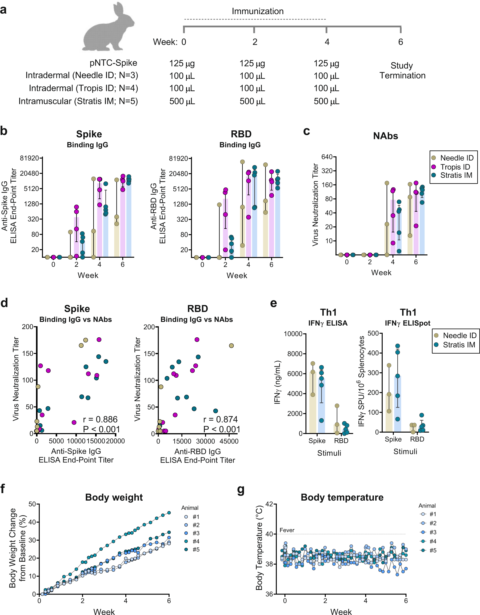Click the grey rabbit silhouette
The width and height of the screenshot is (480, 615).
(108, 28)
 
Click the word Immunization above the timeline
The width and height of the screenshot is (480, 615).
(258, 11)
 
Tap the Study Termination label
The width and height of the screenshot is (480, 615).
(402, 71)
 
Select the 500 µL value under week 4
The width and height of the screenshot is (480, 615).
(326, 101)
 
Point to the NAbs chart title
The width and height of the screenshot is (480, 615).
(385, 136)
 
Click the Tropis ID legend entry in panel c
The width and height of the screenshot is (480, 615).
(455, 167)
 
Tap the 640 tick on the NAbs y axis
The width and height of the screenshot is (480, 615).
(327, 157)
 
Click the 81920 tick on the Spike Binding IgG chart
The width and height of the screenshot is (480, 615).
(29, 158)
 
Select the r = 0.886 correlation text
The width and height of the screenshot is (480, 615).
(100, 419)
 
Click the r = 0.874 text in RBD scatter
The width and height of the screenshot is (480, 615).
(221, 419)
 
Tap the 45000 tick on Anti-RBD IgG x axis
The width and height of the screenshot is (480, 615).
(229, 441)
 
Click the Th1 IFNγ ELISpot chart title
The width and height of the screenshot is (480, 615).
(408, 317)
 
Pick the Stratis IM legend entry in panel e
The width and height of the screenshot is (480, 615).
(459, 345)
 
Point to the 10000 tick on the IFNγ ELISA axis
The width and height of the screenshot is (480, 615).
(293, 334)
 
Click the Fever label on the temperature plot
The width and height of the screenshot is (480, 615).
(287, 530)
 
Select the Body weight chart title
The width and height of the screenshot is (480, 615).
(114, 497)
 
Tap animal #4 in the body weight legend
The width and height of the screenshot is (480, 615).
(196, 541)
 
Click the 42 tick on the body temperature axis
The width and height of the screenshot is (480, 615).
(269, 504)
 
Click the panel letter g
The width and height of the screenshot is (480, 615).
(241, 490)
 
